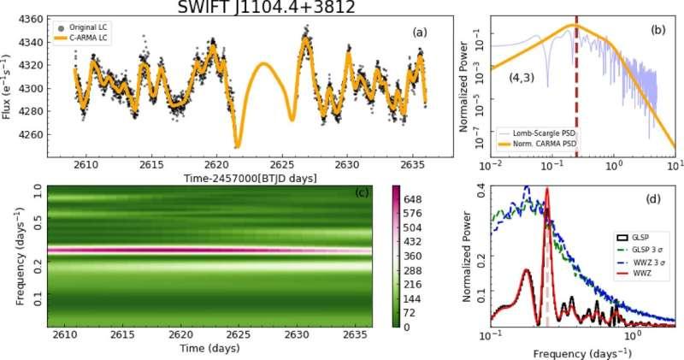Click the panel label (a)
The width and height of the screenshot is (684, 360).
(419, 32)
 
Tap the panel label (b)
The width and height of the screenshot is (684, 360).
(658, 30)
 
